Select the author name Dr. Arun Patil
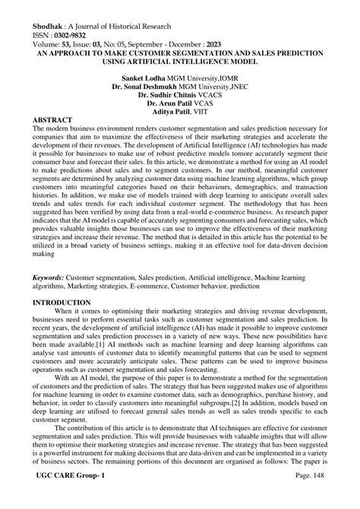(169, 106)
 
